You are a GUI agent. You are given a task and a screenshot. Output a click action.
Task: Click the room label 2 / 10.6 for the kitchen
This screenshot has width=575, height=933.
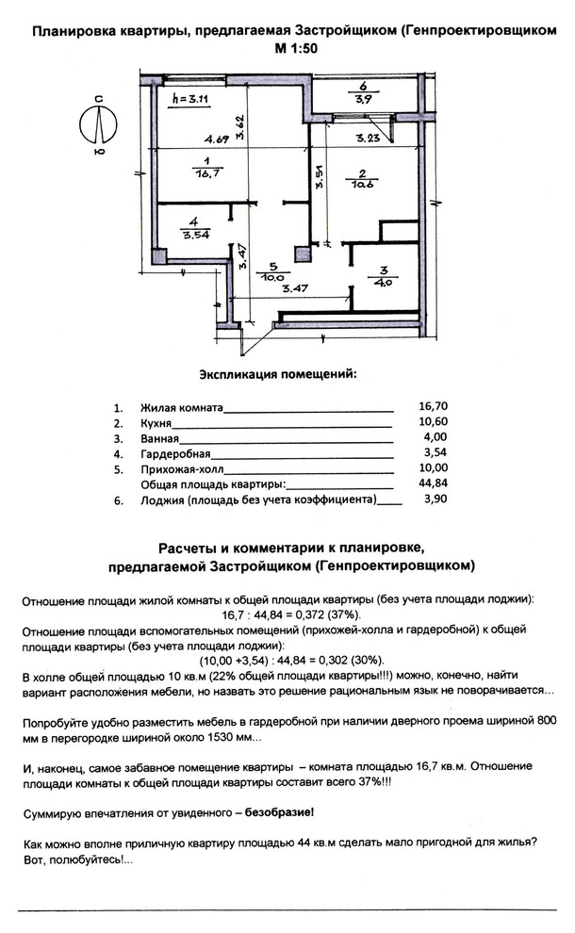click(x=363, y=178)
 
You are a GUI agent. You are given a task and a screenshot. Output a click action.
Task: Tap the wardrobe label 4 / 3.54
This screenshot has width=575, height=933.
click(x=193, y=229)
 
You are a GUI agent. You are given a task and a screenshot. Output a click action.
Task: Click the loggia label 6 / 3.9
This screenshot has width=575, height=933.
click(x=364, y=92)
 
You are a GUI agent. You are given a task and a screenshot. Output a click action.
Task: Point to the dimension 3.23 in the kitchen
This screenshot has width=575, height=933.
click(x=368, y=139)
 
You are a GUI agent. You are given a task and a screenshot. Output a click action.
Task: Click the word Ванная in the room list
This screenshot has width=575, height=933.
click(x=159, y=439)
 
